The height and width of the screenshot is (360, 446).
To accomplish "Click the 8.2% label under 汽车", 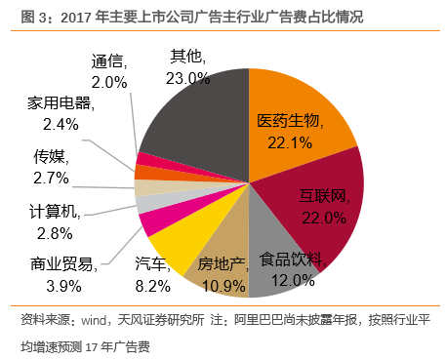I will pos(152,285).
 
